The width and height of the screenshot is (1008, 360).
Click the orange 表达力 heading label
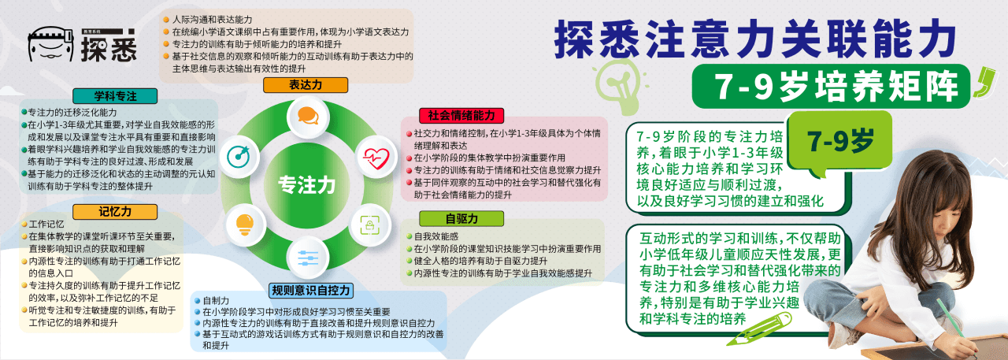pos(305,84)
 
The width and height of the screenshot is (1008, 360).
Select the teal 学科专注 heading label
pos(115,96)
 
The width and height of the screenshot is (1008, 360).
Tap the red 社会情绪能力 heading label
pos(461,115)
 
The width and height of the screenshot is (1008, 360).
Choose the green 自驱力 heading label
pos(461,219)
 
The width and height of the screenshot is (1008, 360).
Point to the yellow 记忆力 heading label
pos(115,211)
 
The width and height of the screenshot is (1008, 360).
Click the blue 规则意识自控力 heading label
pos(311,290)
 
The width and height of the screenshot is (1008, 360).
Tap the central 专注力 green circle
pos(307,184)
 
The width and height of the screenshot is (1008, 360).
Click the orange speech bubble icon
pos(308,116)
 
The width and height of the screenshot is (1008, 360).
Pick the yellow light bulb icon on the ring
pos(244,224)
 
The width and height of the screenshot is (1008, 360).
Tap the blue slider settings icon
pos(308,258)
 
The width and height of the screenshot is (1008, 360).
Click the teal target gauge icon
pos(239,156)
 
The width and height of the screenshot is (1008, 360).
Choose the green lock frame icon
pos(370,225)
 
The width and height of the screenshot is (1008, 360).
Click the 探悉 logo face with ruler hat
pos(50,44)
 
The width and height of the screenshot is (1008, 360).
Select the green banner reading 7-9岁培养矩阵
pos(831,87)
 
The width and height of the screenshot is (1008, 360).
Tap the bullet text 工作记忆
pos(46,224)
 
